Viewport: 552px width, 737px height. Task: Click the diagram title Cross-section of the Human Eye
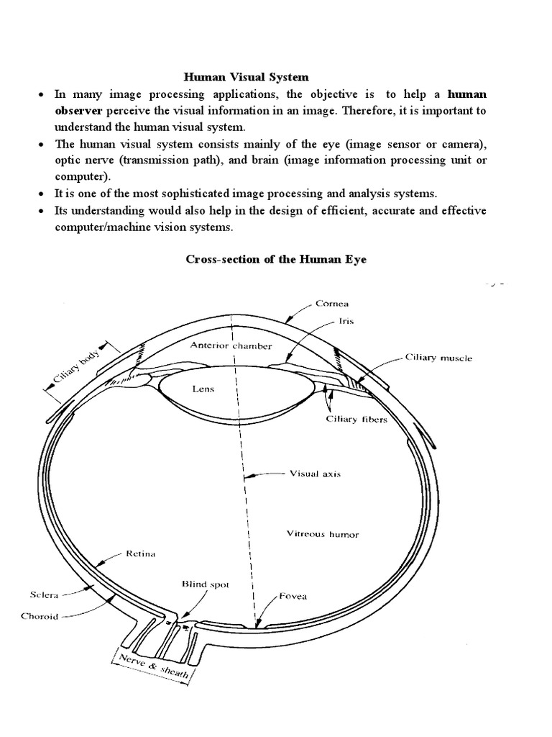pos(276,259)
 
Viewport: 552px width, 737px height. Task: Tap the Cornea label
pos(333,303)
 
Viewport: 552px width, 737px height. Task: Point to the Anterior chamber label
pos(231,346)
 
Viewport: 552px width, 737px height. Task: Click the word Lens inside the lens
pos(203,389)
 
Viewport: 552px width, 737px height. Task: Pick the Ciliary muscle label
pos(439,358)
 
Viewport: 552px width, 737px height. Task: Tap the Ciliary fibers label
pos(357,420)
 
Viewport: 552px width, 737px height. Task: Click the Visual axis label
pos(314,474)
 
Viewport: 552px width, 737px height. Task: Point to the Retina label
pos(141,554)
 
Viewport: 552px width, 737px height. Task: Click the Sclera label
pos(43,595)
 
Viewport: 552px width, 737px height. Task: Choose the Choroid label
pos(40,616)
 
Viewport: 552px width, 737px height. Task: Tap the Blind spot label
pos(206,585)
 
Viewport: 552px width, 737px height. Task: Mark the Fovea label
pos(293,596)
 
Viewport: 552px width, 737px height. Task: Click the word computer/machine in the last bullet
pos(94,227)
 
